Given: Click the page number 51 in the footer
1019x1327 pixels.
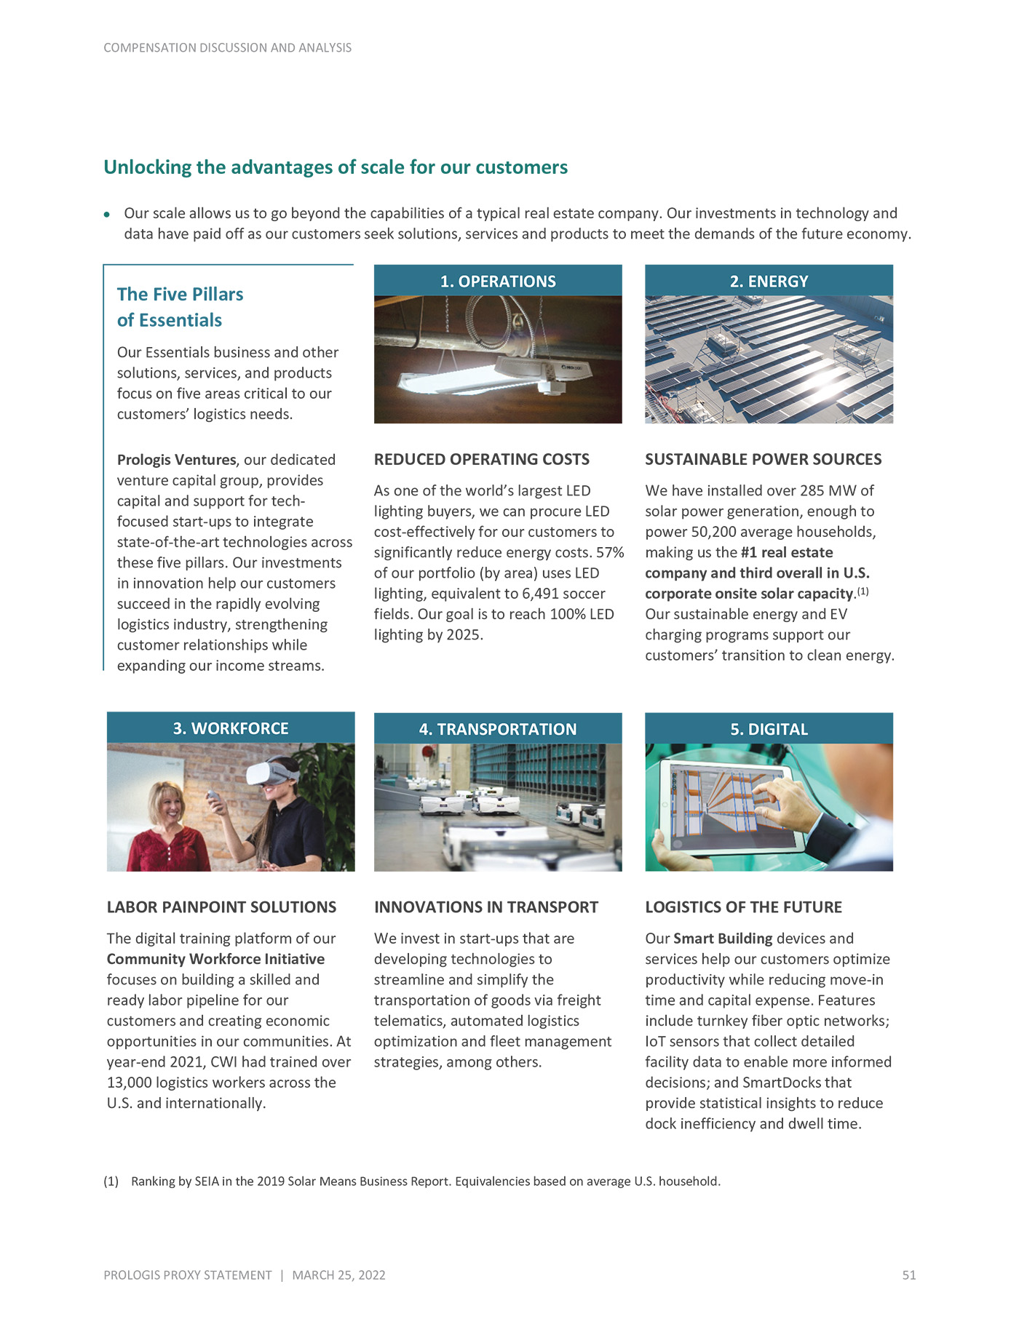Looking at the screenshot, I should click(x=908, y=1275).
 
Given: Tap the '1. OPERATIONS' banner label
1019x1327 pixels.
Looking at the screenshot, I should click(x=498, y=282).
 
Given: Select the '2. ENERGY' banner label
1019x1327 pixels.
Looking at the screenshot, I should click(x=769, y=282).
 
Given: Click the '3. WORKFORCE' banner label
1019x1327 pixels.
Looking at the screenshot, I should click(x=231, y=728).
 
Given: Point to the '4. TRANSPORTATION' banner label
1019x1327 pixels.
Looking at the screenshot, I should click(x=498, y=729).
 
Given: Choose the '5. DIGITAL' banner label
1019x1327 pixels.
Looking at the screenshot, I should click(x=769, y=729).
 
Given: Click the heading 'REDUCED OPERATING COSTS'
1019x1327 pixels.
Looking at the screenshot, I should click(x=482, y=459).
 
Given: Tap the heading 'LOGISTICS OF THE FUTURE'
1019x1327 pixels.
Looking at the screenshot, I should click(x=743, y=906).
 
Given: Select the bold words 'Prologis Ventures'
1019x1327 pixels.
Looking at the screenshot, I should click(x=176, y=460).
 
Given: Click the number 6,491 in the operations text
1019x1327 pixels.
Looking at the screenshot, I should click(x=544, y=594).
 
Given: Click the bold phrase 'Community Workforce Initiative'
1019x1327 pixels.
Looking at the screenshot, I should click(x=215, y=959).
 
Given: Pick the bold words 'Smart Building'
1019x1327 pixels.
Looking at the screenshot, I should click(x=723, y=939).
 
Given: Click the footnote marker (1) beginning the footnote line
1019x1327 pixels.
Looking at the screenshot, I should click(x=111, y=1181).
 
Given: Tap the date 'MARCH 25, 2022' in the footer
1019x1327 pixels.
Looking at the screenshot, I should click(x=338, y=1275).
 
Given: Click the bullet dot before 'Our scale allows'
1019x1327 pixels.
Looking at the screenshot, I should click(x=107, y=215).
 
